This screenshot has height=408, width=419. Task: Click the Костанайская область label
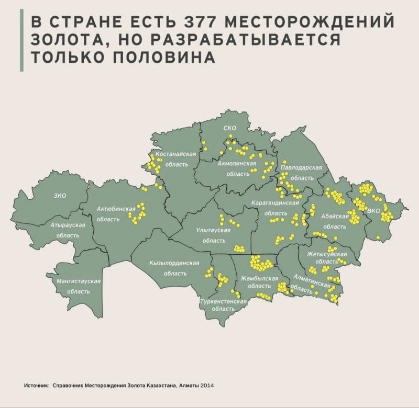[x=175, y=159]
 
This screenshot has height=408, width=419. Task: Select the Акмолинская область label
[x=237, y=168]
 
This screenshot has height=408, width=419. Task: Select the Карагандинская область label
[x=274, y=208]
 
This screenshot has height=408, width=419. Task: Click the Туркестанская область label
[x=223, y=305]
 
